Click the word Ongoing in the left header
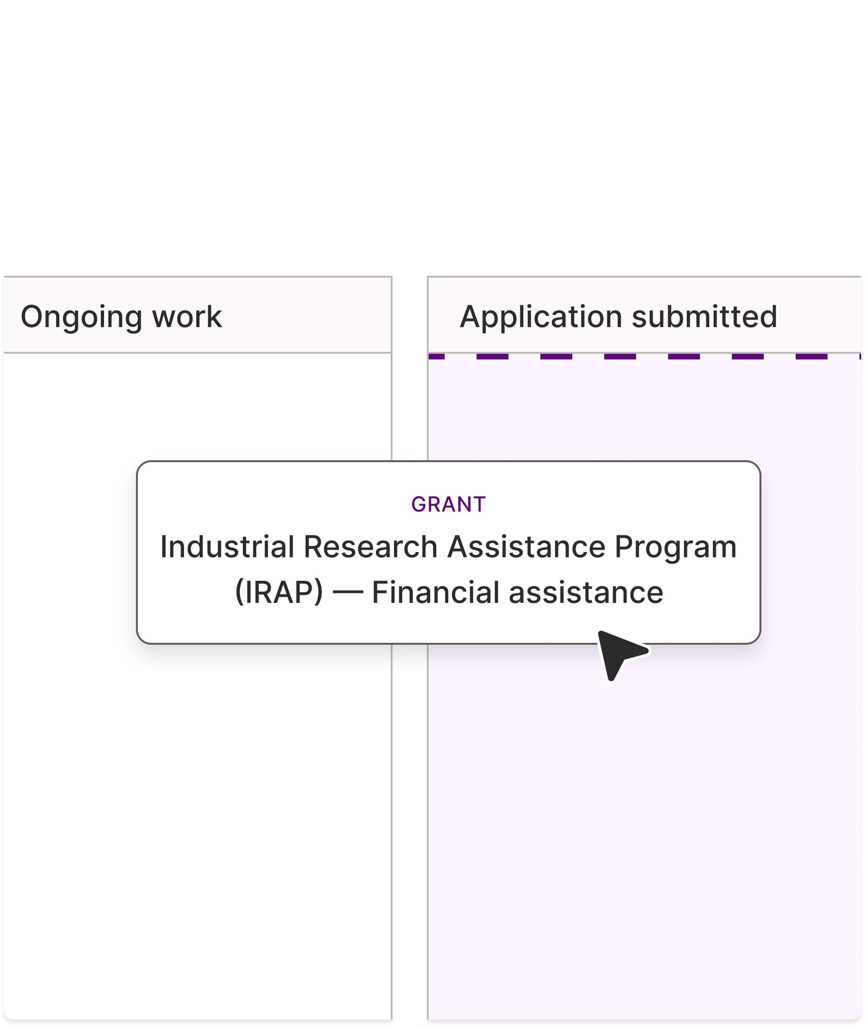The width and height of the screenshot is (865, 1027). click(x=81, y=317)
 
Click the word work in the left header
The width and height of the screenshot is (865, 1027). click(x=187, y=317)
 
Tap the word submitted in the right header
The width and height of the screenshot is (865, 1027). click(x=704, y=317)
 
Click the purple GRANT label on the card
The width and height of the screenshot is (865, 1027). click(x=448, y=504)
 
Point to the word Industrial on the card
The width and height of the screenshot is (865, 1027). click(x=227, y=547)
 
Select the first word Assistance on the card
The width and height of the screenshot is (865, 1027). click(x=526, y=547)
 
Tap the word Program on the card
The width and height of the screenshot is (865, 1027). click(x=675, y=548)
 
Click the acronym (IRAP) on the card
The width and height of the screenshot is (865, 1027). click(x=279, y=592)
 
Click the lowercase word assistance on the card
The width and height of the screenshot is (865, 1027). click(x=586, y=592)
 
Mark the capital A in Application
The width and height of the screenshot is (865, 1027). click(x=471, y=317)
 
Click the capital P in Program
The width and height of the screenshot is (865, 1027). click(x=623, y=547)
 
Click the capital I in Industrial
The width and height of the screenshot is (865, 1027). click(x=164, y=547)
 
